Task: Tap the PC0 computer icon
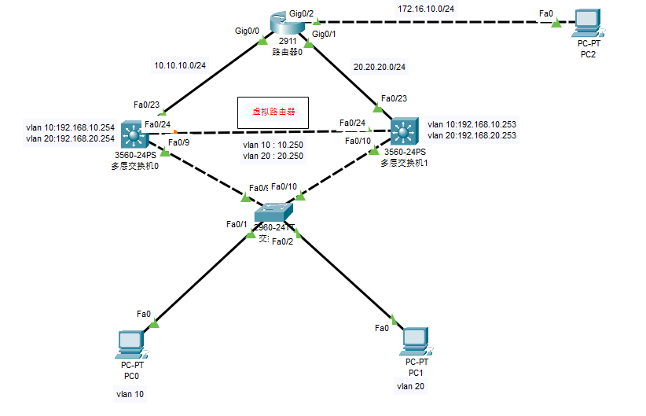pyautogui.click(x=130, y=343)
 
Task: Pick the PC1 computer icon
pyautogui.click(x=415, y=341)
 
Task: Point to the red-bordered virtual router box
pyautogui.click(x=273, y=112)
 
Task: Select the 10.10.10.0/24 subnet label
pyautogui.click(x=181, y=66)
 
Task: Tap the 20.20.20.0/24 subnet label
pyautogui.click(x=380, y=67)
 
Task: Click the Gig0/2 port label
pyautogui.click(x=302, y=13)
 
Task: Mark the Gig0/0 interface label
pyautogui.click(x=248, y=31)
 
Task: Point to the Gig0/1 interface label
pyautogui.click(x=325, y=34)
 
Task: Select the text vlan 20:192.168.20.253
pyautogui.click(x=472, y=135)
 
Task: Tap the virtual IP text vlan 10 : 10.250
pyautogui.click(x=273, y=145)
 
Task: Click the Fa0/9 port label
pyautogui.click(x=180, y=142)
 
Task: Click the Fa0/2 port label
pyautogui.click(x=282, y=241)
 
